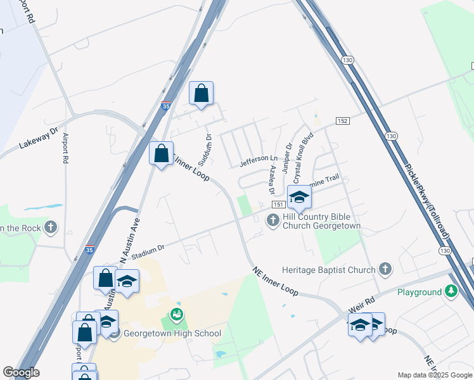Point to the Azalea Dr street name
pos(272,180)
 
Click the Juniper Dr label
pos(286,156)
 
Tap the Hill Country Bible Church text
pos(321,221)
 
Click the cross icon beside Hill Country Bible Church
pos(272,220)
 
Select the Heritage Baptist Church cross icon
pos(385,269)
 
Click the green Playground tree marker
pos(451,292)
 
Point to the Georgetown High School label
pos(172,333)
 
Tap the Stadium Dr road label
pos(145,250)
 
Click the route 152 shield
pos(342,121)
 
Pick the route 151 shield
pos(278,205)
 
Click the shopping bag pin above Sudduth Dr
pos(202,94)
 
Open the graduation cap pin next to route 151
pos(299,196)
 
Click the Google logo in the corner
pos(22,372)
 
